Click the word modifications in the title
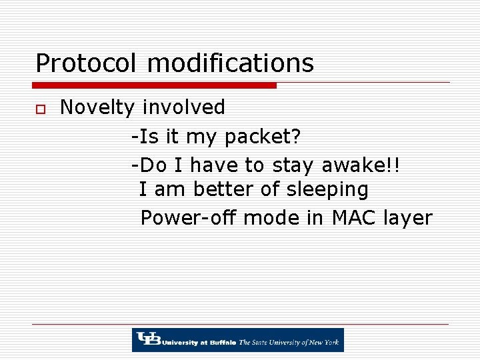coord(230,64)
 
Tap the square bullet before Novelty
coord(40,109)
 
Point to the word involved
coord(184,107)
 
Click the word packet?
coord(263,137)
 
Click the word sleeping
coord(327,190)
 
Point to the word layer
coord(407,219)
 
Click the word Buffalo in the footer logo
coord(221,343)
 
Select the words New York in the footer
coord(323,343)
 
